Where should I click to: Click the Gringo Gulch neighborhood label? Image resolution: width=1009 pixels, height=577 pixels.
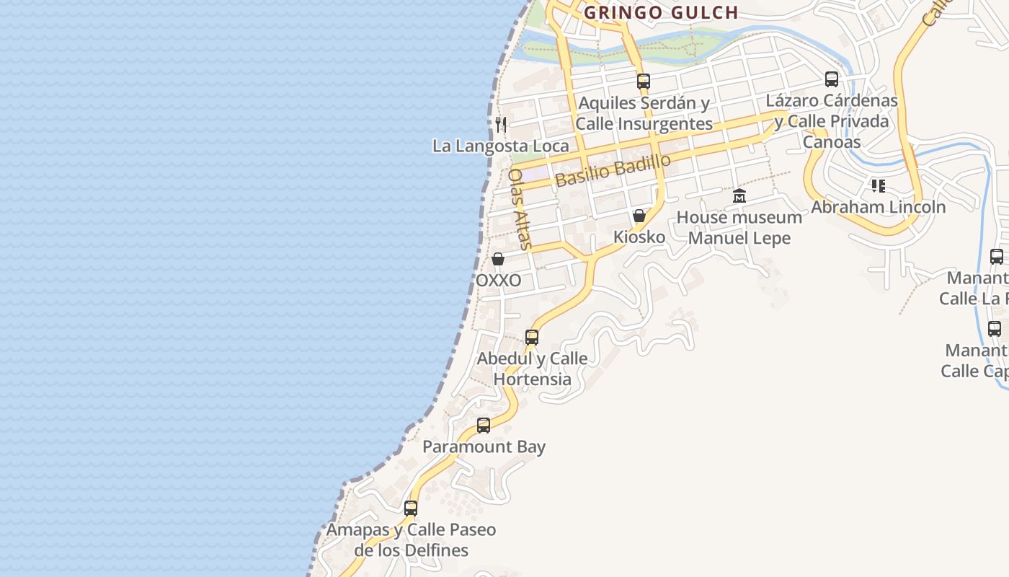pos(661,12)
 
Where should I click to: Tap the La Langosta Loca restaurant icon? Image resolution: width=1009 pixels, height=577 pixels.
pos(501,125)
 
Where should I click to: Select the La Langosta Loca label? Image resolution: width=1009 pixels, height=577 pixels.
pos(500,146)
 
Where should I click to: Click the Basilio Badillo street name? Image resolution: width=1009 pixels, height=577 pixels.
pos(613,171)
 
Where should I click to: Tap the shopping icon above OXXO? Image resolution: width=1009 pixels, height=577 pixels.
pos(498,259)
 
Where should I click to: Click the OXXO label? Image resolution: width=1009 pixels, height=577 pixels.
pos(498,281)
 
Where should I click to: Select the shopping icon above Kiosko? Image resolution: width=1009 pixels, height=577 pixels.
pos(639,216)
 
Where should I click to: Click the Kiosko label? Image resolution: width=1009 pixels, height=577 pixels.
pos(639,237)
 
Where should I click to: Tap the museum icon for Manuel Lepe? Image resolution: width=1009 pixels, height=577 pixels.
pos(739,195)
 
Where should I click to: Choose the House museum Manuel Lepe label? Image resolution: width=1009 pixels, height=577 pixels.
pos(739,227)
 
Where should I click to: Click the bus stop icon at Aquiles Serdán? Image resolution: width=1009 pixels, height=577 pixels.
pos(644,82)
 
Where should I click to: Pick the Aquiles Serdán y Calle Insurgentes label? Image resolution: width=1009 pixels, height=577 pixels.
pos(644,113)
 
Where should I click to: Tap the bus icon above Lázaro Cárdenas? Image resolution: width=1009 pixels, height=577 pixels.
pos(832,79)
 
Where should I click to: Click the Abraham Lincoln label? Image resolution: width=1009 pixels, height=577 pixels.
pos(878,207)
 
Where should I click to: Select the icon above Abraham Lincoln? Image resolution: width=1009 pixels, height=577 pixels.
pos(878,186)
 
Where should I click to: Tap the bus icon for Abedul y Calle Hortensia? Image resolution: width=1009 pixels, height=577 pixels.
pos(532,337)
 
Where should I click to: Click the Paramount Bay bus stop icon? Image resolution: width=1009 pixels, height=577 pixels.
pos(484,426)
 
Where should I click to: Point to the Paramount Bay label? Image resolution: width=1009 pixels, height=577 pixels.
pos(484,446)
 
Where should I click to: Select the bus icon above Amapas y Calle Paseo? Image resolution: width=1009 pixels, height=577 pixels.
pos(411,508)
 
